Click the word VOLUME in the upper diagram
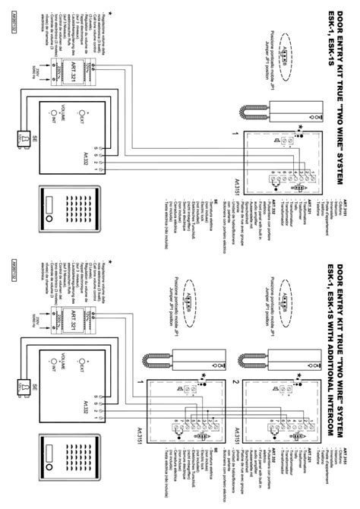65,115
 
